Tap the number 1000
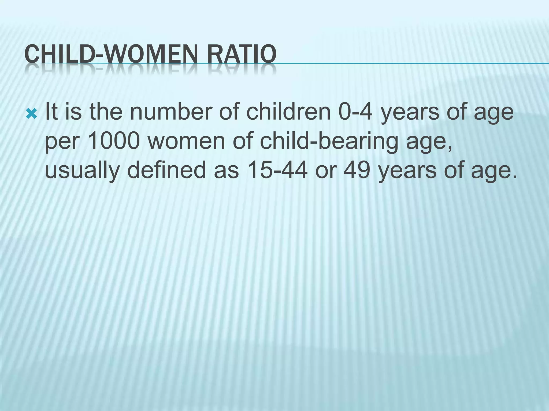click(x=113, y=142)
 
